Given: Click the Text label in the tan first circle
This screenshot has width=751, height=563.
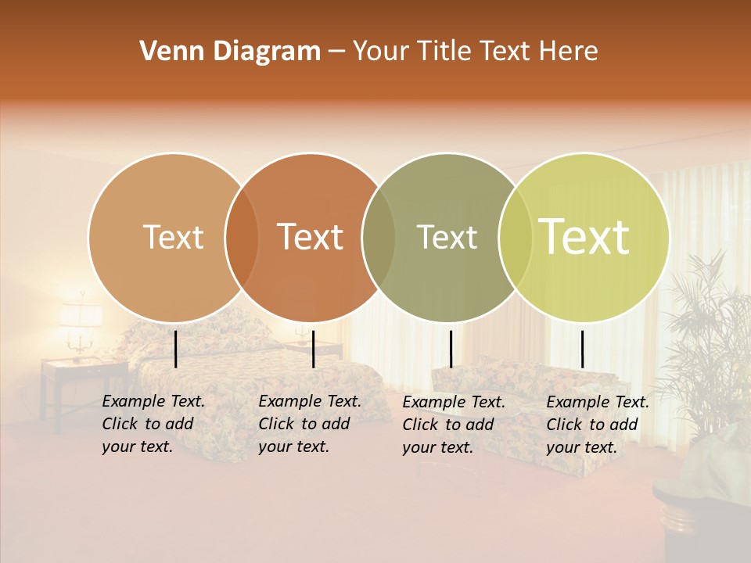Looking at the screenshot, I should pyautogui.click(x=173, y=237).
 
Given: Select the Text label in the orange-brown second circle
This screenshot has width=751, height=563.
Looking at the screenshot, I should pyautogui.click(x=311, y=237).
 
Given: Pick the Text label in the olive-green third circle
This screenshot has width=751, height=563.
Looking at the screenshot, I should pyautogui.click(x=447, y=237).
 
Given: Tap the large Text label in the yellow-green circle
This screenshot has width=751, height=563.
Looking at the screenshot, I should pyautogui.click(x=584, y=237).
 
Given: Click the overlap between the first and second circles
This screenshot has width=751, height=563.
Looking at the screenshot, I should pyautogui.click(x=242, y=237).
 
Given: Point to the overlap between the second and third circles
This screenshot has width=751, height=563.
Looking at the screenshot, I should pyautogui.click(x=379, y=237).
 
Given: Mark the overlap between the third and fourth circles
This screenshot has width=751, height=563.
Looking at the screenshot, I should pyautogui.click(x=516, y=237).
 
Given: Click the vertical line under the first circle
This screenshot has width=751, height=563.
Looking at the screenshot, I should pyautogui.click(x=176, y=349).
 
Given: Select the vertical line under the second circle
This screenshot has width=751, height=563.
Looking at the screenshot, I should pyautogui.click(x=313, y=349).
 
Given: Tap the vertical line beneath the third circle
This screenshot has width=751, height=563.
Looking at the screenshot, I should pyautogui.click(x=451, y=349).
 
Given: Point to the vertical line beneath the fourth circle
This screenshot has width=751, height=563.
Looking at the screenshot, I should pyautogui.click(x=583, y=349).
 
